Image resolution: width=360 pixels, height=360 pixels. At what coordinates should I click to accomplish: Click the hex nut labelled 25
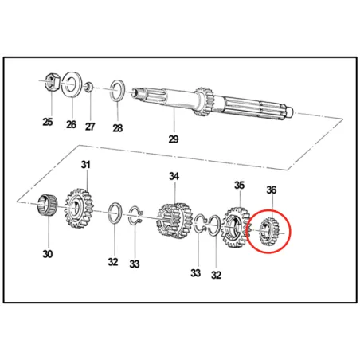[x=49, y=80]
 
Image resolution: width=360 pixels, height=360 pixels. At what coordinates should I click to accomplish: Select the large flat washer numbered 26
[x=71, y=83]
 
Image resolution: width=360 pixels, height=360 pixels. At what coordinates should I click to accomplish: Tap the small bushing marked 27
[x=92, y=85]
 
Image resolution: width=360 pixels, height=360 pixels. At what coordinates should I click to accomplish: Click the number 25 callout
[x=48, y=122]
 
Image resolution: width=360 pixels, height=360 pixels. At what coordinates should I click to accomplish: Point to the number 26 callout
[x=72, y=124]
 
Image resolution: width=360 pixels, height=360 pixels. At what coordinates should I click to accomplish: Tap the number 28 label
[x=118, y=128]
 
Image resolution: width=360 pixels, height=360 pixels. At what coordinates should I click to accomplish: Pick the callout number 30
[x=48, y=255]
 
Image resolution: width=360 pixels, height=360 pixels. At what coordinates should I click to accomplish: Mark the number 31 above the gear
[x=85, y=165]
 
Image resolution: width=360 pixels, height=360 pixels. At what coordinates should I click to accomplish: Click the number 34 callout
[x=174, y=176]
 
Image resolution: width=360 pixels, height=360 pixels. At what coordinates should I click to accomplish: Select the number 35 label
[x=238, y=186]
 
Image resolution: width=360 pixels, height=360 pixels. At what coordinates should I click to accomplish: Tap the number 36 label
[x=272, y=190]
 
